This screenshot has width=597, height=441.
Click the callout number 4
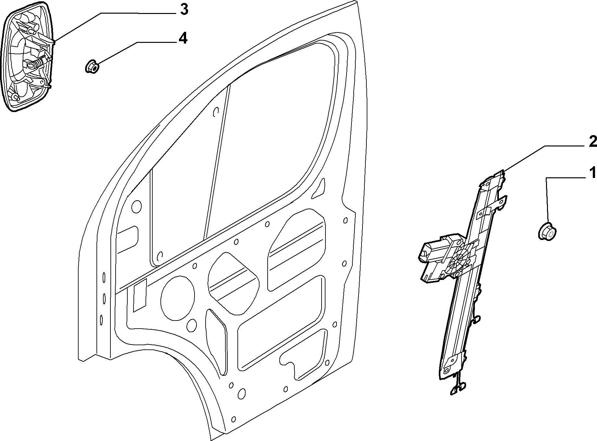[183, 39]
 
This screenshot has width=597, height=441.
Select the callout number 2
[592, 142]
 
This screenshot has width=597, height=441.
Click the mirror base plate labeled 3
[27, 57]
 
